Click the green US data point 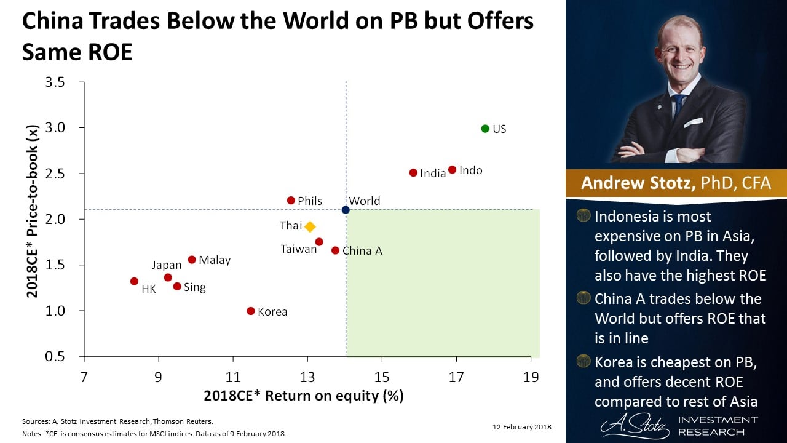point(485,129)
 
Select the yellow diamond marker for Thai point(310,226)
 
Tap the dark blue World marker point(346,210)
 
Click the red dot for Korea point(251,311)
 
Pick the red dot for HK point(134,281)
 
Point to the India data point point(413,173)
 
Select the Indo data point point(452,170)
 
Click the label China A point(362,250)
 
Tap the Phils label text point(310,201)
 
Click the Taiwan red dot point(319,242)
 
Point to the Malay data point point(192,260)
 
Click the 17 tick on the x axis point(456,377)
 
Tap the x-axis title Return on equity point(304,396)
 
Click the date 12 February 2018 point(522,427)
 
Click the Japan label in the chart point(167,265)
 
